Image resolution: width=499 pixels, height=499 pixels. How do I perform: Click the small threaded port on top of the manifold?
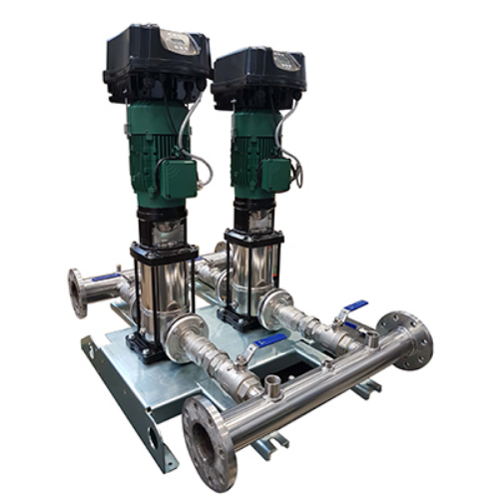[273, 383]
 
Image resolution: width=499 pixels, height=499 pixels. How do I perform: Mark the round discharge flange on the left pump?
[184, 333]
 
